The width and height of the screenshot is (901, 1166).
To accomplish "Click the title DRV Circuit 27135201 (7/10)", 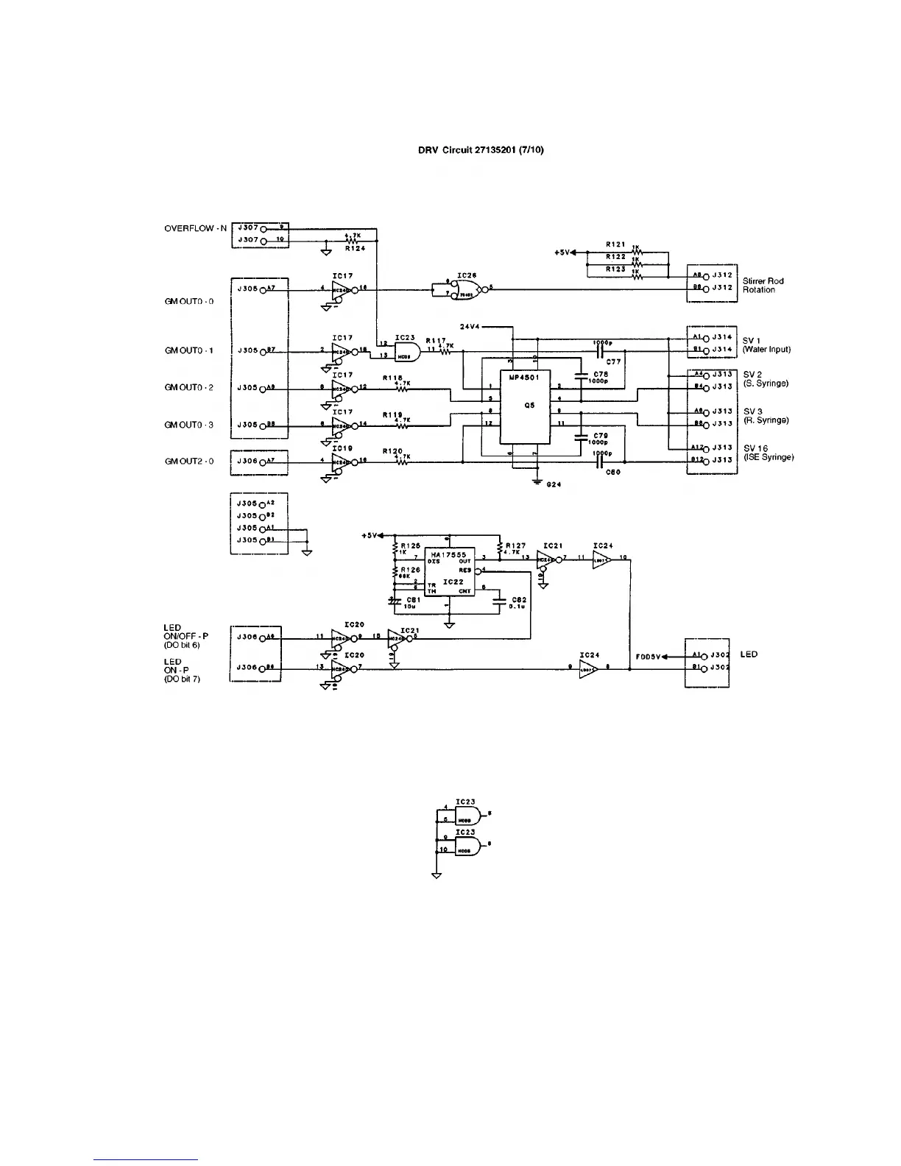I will point(481,150).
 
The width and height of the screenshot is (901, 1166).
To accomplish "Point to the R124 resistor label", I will point(355,249).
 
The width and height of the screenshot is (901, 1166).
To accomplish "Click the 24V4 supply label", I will point(470,326).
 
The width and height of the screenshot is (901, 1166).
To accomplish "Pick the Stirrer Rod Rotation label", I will point(763,286).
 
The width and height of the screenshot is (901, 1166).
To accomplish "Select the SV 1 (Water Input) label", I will point(766,345).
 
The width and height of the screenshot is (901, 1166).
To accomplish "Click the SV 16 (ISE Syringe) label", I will point(768,453).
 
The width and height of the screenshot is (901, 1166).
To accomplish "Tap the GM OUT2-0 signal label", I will point(189,462).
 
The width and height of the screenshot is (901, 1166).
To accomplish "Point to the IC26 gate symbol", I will point(467,289).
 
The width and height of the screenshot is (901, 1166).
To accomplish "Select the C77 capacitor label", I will point(613,361).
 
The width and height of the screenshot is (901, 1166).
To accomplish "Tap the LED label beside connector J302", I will point(749,654).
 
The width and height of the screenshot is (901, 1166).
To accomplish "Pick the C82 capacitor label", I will point(518,600).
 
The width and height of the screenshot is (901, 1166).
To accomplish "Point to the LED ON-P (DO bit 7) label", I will point(182,670).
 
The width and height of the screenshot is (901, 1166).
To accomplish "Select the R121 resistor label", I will point(615,244).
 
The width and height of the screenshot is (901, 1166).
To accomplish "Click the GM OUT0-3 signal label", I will point(189,425).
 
